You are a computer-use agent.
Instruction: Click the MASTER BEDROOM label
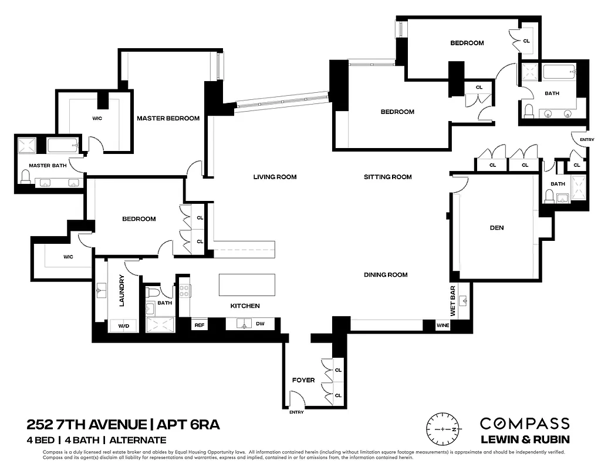point(168,118)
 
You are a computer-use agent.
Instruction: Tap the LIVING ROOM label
point(275,177)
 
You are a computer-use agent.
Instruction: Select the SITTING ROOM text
point(387,177)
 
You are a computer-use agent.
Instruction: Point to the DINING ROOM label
point(386,274)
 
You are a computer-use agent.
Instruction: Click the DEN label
point(496,228)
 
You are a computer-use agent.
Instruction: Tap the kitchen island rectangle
point(246,285)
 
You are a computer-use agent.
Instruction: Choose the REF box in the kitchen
point(200,324)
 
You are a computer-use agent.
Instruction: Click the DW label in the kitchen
point(261,324)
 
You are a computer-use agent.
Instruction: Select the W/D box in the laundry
point(124,325)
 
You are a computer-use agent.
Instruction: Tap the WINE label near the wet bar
point(443,325)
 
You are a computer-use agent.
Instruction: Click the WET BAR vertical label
point(452,300)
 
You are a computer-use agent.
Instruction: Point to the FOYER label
point(303,380)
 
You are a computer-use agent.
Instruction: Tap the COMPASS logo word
point(524,424)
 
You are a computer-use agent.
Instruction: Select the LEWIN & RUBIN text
point(524,439)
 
